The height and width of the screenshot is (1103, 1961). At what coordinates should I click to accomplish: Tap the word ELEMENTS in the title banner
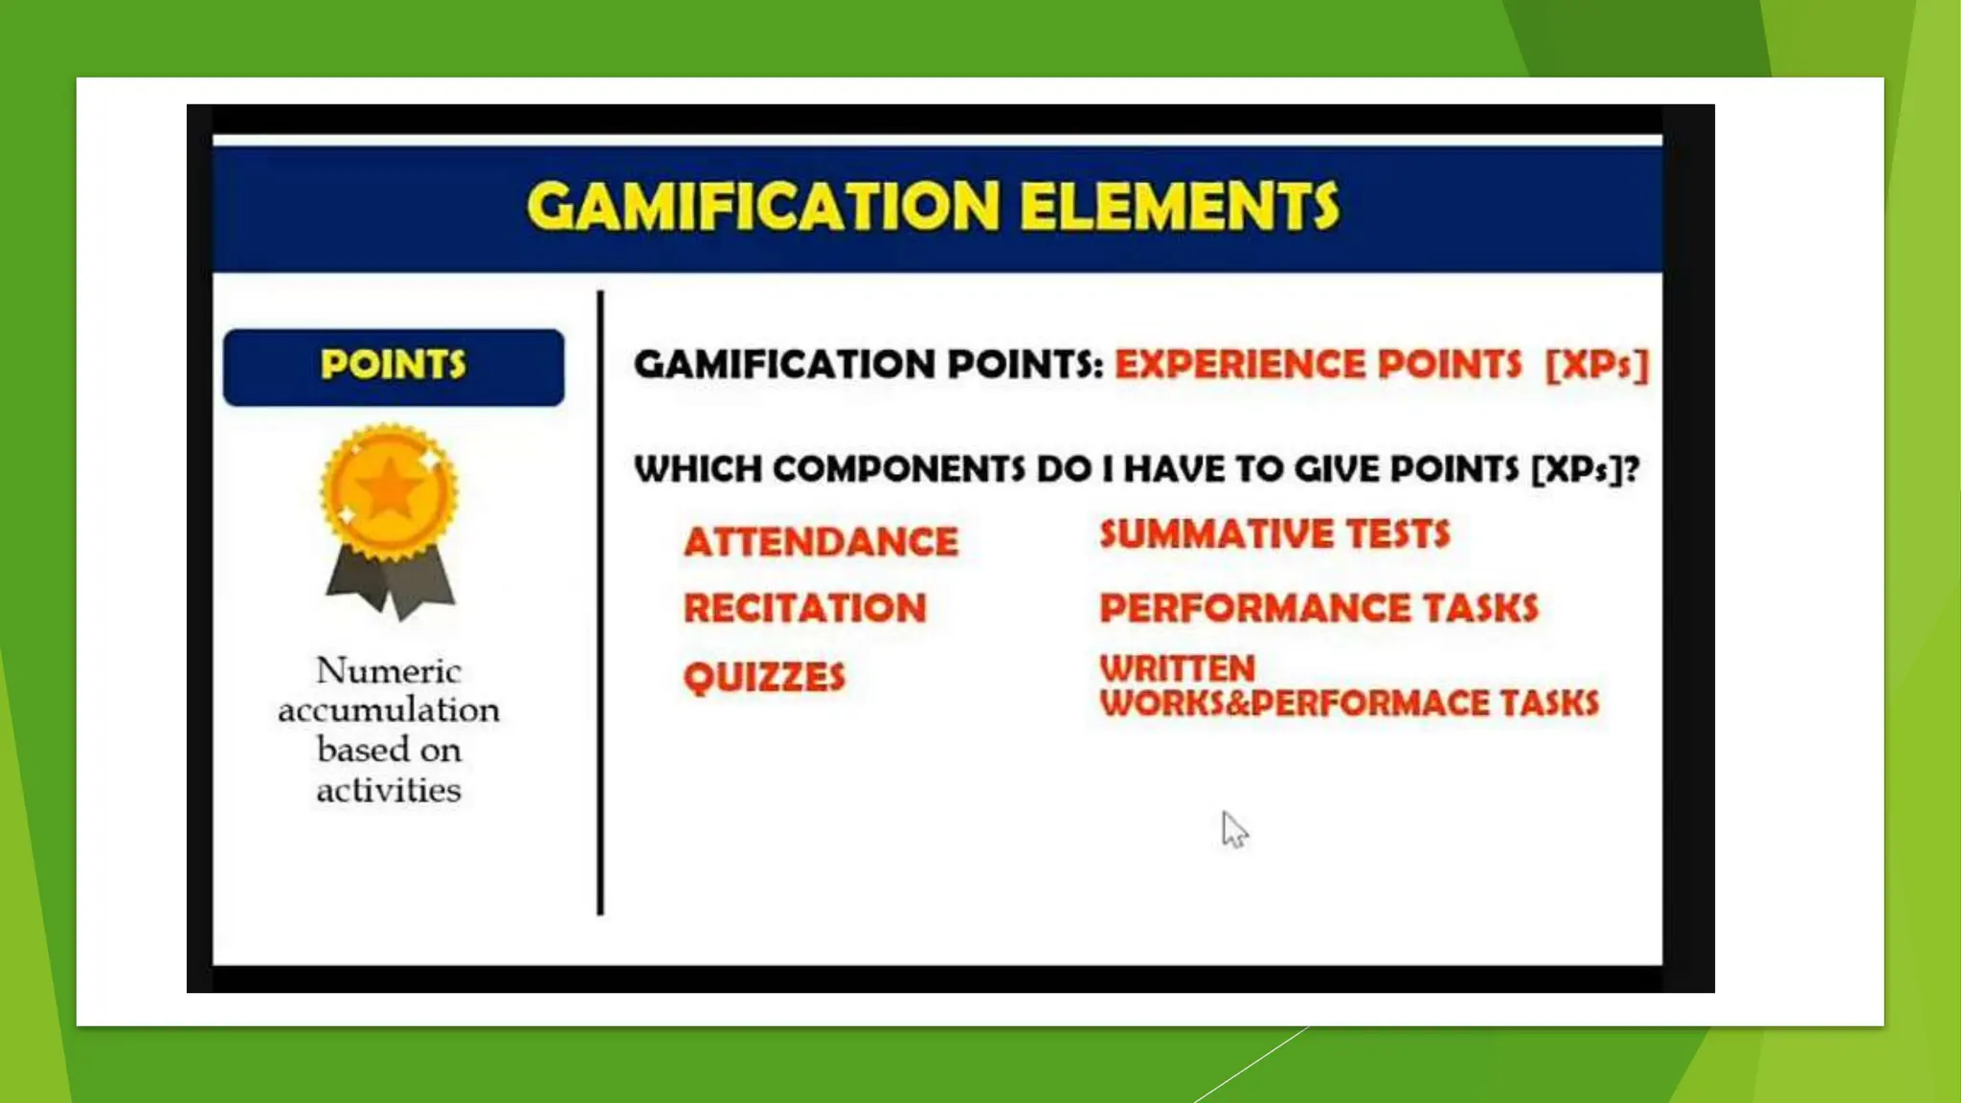[1179, 206]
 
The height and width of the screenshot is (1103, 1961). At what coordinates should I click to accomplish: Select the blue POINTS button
[394, 367]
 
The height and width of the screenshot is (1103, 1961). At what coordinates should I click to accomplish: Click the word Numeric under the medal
[389, 670]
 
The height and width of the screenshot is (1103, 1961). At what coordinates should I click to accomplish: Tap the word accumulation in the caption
[389, 709]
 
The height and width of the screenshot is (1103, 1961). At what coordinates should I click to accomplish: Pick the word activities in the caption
[389, 790]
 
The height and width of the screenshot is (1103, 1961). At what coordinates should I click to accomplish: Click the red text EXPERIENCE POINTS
[1318, 365]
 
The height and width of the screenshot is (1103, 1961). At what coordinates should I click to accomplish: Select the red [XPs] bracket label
[1596, 365]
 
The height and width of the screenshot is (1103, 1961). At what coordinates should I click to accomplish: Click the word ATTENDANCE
[821, 542]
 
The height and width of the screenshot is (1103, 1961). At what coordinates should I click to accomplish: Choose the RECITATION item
[805, 608]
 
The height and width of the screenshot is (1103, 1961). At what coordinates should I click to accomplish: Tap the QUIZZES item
[764, 677]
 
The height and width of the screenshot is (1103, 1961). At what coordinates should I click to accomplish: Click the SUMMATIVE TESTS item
[1274, 533]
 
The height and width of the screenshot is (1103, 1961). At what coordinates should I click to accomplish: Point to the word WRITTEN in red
[1177, 667]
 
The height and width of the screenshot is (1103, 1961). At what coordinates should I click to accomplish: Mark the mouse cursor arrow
[1233, 828]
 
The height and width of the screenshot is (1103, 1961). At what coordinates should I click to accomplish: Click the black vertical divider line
[600, 603]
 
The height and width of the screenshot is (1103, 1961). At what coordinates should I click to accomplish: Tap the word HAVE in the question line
[1174, 469]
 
